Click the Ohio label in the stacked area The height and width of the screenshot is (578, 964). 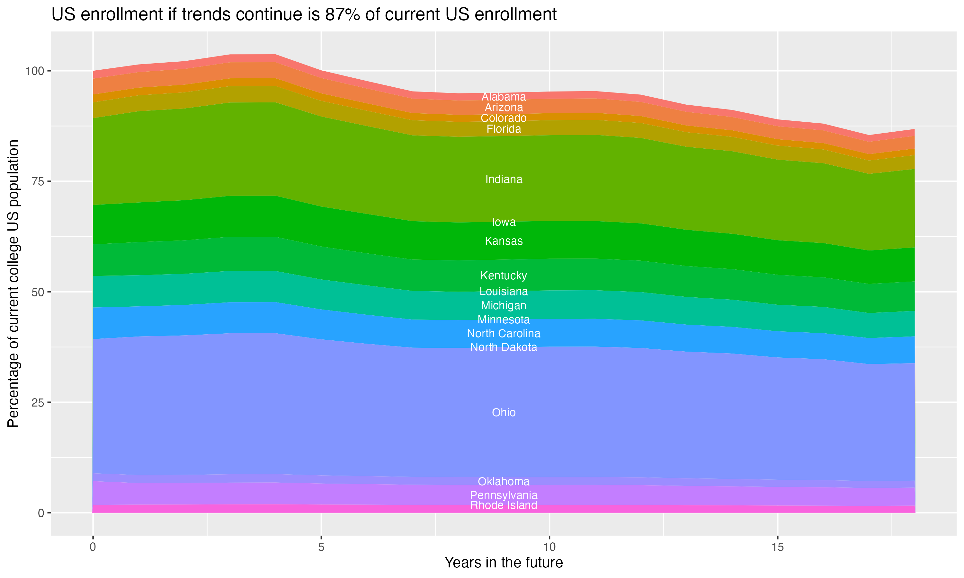tap(504, 413)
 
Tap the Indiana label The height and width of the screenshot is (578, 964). tap(504, 180)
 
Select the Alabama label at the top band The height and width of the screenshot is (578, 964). tap(504, 97)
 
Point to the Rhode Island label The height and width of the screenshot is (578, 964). tap(504, 505)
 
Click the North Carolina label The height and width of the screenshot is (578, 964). tap(504, 333)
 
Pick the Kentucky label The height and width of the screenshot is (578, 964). tap(504, 276)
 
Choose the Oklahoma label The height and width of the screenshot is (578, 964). tap(504, 481)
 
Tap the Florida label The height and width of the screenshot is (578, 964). tap(504, 129)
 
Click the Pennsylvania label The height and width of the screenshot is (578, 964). tap(504, 495)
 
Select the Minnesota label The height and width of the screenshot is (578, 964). tap(504, 320)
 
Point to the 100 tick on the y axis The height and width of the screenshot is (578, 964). tap(33, 71)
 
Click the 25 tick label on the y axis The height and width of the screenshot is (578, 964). tap(37, 402)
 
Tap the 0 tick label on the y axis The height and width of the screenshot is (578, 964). tap(40, 513)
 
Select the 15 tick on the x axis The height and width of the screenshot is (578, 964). tap(777, 547)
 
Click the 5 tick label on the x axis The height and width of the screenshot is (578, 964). tap(321, 547)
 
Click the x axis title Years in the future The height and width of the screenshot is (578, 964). tap(504, 562)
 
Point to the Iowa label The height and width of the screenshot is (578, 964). tap(504, 222)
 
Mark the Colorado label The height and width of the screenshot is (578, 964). tap(504, 118)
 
